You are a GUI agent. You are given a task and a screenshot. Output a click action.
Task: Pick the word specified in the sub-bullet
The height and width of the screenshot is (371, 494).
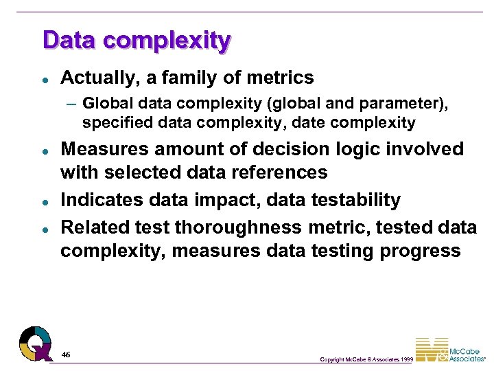click(114, 123)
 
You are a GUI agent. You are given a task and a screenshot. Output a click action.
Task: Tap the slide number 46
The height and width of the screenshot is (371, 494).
click(66, 355)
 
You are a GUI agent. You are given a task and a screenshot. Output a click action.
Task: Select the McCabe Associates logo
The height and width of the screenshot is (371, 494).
click(450, 350)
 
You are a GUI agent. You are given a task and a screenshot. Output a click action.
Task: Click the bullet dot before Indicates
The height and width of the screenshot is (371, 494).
click(43, 201)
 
